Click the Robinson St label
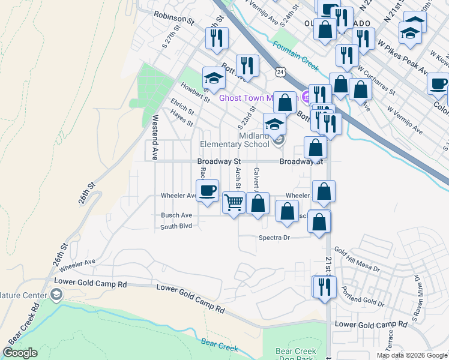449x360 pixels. coord(174,17)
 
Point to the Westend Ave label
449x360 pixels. coord(154,137)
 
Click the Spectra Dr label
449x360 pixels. coord(274,238)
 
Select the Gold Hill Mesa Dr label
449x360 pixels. coord(357,260)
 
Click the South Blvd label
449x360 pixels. coord(176,227)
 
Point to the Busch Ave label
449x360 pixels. coord(176,215)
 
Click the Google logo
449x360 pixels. coord(20,353)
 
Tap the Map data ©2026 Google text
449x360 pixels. coord(412,355)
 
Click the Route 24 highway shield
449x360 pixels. coord(280,71)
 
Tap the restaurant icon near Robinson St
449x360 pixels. coord(215,38)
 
